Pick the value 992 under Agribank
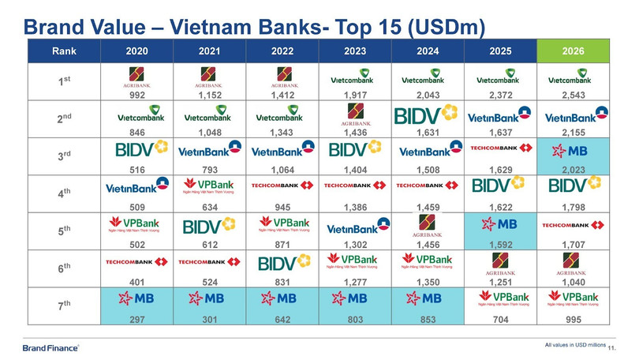click(136, 95)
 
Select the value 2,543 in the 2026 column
click(574, 95)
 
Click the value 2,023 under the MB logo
click(574, 169)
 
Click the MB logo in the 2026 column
click(574, 152)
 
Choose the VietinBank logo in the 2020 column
click(136, 188)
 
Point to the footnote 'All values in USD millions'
click(574, 344)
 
